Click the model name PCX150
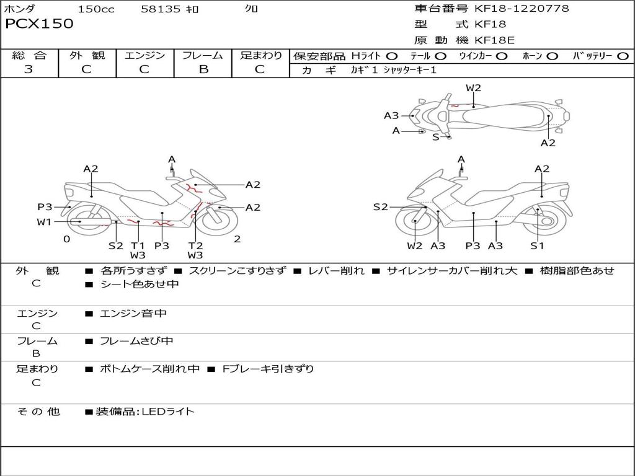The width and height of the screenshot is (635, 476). point(39,24)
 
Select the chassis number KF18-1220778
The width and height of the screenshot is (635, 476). point(522,9)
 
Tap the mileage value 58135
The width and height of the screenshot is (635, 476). point(161,9)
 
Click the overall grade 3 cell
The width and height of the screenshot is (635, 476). point(29,69)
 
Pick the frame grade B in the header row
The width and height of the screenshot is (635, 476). point(203,69)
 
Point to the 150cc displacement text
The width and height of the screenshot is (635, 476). point(96,9)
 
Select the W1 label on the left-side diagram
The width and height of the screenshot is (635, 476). point(43,222)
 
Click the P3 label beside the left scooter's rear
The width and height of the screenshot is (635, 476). point(45,207)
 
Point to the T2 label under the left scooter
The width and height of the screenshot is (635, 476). point(195,245)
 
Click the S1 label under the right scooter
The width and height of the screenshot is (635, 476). point(537,245)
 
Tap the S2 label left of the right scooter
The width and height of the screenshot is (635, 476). point(380,207)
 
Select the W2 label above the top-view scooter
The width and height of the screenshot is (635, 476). point(473,88)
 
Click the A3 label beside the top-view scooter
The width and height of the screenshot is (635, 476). point(391,115)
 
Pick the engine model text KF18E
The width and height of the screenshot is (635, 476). point(494,40)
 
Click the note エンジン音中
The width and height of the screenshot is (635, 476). point(133,314)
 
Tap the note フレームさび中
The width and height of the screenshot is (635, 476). point(136,341)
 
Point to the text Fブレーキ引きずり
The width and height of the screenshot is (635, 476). point(268,369)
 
